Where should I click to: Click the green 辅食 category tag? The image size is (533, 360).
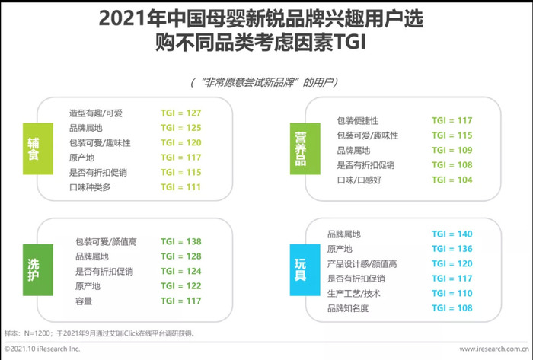(x=38, y=148)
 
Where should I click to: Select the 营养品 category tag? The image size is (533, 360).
(x=305, y=148)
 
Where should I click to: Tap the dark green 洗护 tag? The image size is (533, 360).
(x=38, y=269)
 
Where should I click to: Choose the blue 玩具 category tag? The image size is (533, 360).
(x=305, y=269)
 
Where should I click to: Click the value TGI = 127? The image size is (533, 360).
(x=181, y=113)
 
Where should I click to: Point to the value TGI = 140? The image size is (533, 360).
(x=452, y=234)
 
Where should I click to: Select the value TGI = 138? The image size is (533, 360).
(x=181, y=241)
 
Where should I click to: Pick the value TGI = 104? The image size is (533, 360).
(x=452, y=180)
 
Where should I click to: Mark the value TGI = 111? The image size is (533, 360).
(x=181, y=187)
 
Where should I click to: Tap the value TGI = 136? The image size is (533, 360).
(x=452, y=249)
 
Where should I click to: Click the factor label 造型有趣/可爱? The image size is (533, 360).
(x=95, y=113)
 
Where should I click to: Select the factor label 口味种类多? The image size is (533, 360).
(x=90, y=187)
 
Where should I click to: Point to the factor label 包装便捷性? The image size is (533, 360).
(x=358, y=120)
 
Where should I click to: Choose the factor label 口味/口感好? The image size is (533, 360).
(x=359, y=180)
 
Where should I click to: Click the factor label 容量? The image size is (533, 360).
(x=84, y=301)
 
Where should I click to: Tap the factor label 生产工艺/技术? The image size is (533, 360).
(x=353, y=294)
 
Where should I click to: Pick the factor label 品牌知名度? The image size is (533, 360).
(x=348, y=308)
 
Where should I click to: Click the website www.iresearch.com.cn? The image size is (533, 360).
(x=494, y=349)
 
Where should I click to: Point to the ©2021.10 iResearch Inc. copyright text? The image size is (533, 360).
(x=42, y=349)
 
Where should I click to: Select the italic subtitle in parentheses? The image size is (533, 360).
(x=264, y=82)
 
